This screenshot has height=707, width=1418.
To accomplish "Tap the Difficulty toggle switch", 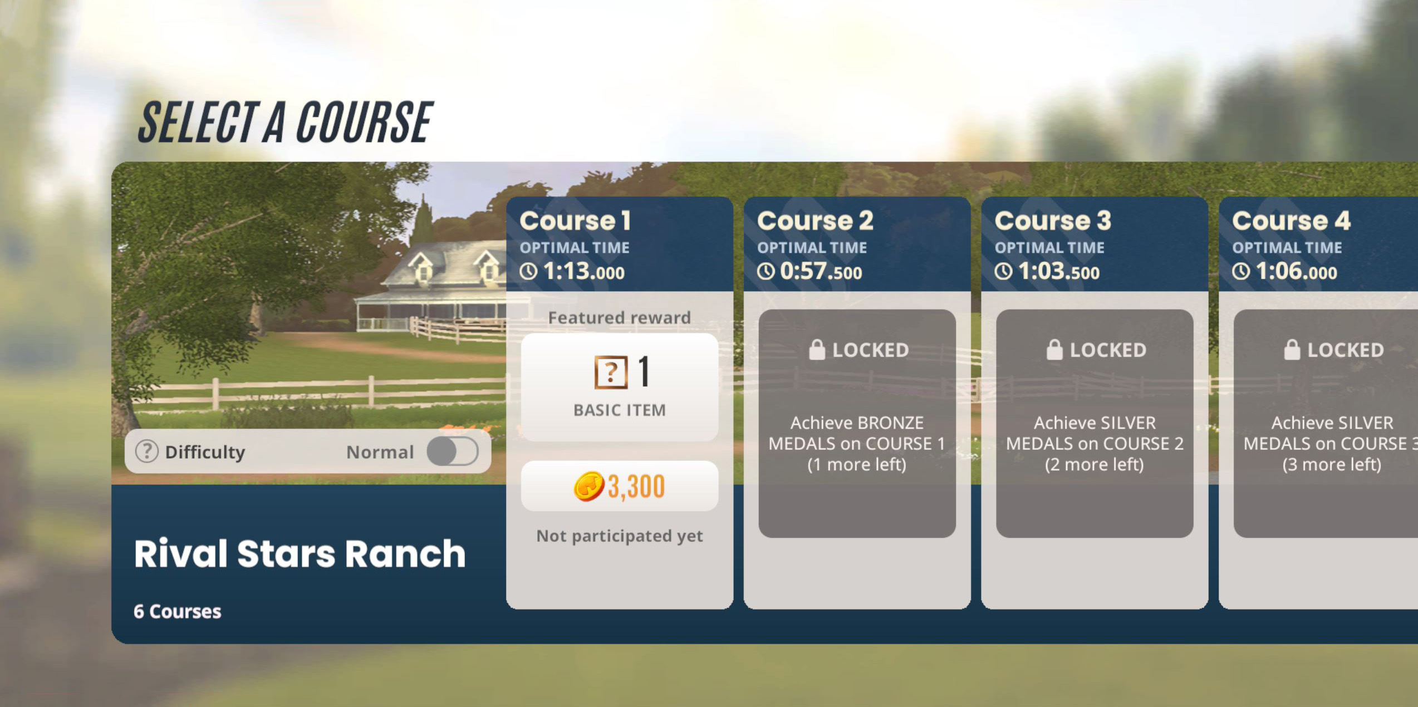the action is coord(452,451).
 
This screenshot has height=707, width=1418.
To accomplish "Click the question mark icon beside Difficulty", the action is coord(147,451).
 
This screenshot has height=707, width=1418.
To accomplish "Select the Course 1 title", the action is coord(575,220).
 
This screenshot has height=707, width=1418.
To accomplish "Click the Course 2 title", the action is coord(815,220).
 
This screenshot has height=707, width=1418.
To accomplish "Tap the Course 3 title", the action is coord(1053,220).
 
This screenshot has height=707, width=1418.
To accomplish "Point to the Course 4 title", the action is coord(1291,220).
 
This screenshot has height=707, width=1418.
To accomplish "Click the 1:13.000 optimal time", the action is coord(583,272).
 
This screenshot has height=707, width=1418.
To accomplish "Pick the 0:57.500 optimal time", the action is coord(821,272).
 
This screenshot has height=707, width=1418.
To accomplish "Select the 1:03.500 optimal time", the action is coord(1058,272).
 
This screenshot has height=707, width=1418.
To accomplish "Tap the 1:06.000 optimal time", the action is coord(1296,272).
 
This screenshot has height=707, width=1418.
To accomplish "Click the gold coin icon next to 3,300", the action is coord(588,487).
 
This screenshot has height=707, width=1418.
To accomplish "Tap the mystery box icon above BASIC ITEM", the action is coord(611,372).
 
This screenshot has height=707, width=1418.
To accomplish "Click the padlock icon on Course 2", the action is coord(817,350).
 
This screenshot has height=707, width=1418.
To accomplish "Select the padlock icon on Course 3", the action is coord(1054,350).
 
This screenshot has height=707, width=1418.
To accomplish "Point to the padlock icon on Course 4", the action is coord(1292,350).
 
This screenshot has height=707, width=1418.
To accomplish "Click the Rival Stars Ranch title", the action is coord(300,554).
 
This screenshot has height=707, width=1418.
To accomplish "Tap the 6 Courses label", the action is coord(177,611).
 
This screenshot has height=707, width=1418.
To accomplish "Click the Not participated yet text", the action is coord(619,536).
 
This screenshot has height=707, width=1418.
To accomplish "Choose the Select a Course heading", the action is coord(285,122).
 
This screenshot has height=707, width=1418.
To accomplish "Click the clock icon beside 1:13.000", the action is coord(529,272).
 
